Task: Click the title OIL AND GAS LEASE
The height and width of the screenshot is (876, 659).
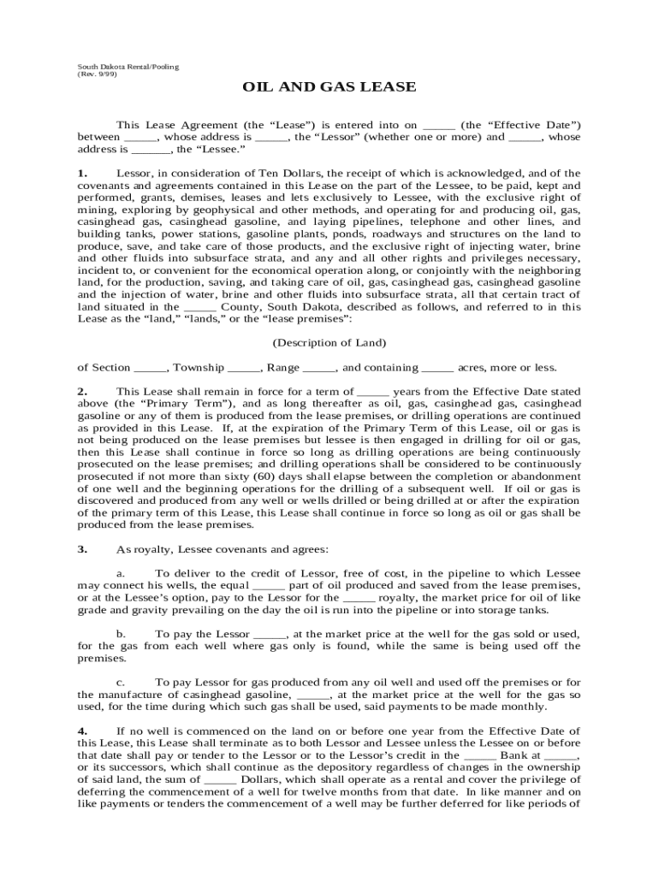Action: tap(329, 87)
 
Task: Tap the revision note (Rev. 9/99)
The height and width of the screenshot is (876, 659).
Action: tap(98, 74)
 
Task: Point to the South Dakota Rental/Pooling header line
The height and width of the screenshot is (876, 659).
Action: tap(128, 66)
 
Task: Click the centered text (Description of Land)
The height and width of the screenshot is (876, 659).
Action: tap(329, 343)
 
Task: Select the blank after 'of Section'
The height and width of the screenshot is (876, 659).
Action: tap(151, 369)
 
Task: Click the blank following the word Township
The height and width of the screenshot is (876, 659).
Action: tap(244, 369)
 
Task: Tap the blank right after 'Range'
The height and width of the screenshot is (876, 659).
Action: tap(319, 369)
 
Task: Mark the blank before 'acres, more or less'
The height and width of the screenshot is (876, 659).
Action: tap(437, 369)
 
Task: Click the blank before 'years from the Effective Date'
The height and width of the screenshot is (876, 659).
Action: tap(372, 392)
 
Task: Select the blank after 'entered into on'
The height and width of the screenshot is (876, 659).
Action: tap(439, 125)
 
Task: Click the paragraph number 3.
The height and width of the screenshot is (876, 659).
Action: tap(82, 548)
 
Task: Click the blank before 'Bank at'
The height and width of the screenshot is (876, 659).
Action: tap(479, 756)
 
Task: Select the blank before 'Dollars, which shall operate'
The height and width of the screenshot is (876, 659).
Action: tap(221, 780)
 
